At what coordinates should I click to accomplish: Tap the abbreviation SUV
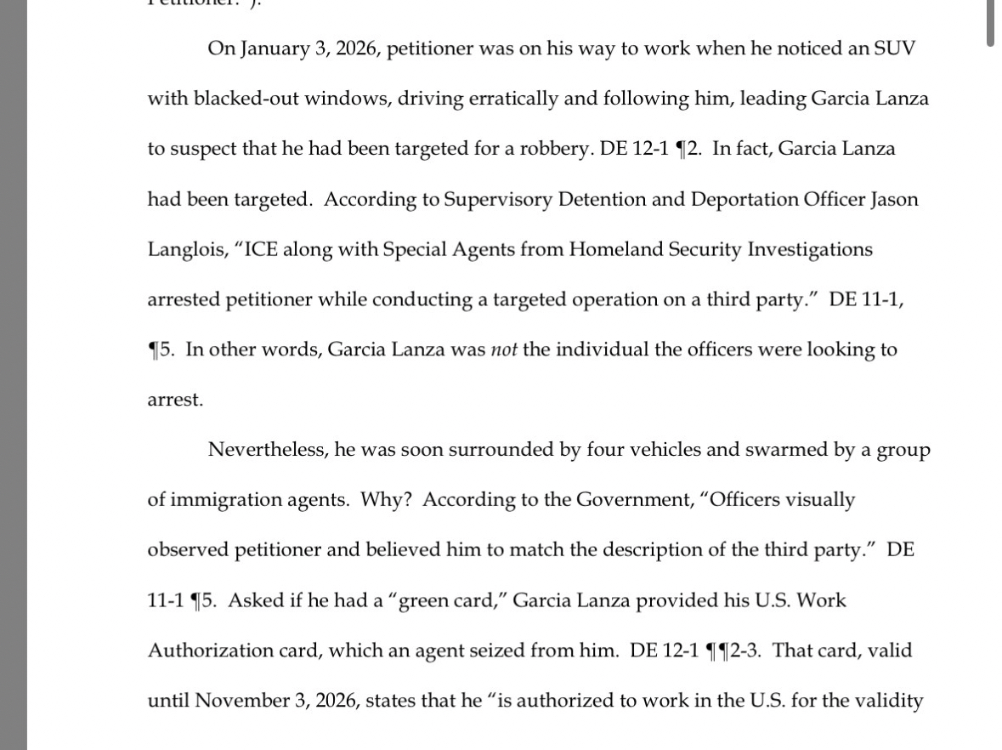click(894, 48)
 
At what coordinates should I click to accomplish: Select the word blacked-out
click(246, 98)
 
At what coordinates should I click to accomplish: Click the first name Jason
click(894, 199)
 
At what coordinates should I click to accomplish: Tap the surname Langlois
click(187, 249)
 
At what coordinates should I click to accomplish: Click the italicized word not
click(504, 349)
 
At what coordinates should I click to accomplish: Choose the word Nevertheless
click(267, 449)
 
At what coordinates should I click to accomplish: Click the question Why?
click(386, 499)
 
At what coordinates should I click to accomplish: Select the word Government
click(634, 499)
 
